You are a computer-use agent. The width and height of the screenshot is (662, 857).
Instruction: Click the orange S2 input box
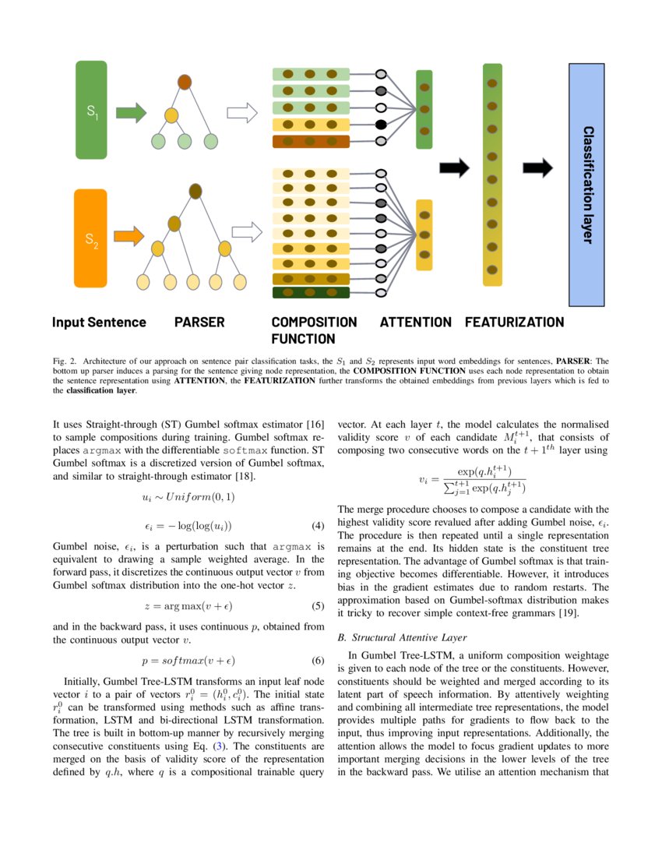(90, 238)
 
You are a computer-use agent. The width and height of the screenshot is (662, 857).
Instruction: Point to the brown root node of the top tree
(185, 82)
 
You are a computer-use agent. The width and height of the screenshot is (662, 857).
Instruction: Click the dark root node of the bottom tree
(195, 191)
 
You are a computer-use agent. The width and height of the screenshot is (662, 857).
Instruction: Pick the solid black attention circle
(381, 125)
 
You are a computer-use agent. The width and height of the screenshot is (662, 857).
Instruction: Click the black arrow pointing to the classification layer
(537, 168)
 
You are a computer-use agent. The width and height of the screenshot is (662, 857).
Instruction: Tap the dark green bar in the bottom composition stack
(310, 293)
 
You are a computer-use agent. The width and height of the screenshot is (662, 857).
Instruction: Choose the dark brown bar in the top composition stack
(310, 142)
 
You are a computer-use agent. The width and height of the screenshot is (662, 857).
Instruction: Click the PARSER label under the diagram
(199, 323)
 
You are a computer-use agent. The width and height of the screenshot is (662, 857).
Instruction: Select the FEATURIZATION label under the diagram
(514, 323)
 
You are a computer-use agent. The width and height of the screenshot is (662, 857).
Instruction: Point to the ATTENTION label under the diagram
(415, 323)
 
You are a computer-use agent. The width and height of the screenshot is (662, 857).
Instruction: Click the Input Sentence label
(99, 323)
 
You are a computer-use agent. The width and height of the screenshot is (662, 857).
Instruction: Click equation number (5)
(317, 605)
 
